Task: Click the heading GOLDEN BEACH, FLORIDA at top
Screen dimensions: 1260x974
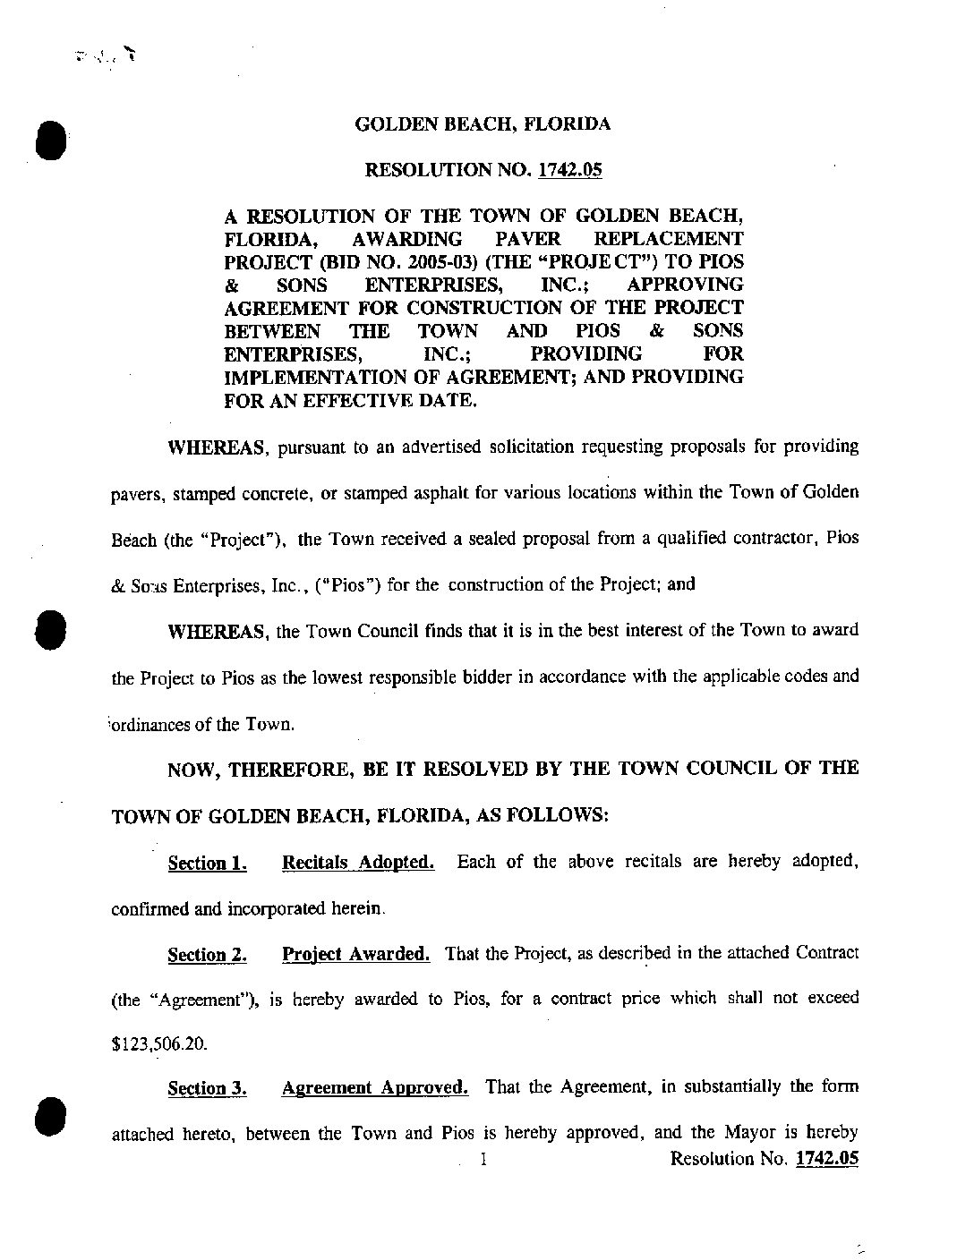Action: (483, 124)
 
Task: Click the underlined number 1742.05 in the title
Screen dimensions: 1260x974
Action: (569, 170)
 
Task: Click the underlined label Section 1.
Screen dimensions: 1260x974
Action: (207, 864)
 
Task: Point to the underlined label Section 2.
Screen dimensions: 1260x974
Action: (207, 955)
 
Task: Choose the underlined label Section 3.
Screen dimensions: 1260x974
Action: (207, 1089)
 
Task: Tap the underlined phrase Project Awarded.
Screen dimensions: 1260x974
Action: (355, 954)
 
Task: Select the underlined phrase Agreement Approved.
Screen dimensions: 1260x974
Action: (375, 1088)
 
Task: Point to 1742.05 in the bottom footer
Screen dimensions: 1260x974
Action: (827, 1159)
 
